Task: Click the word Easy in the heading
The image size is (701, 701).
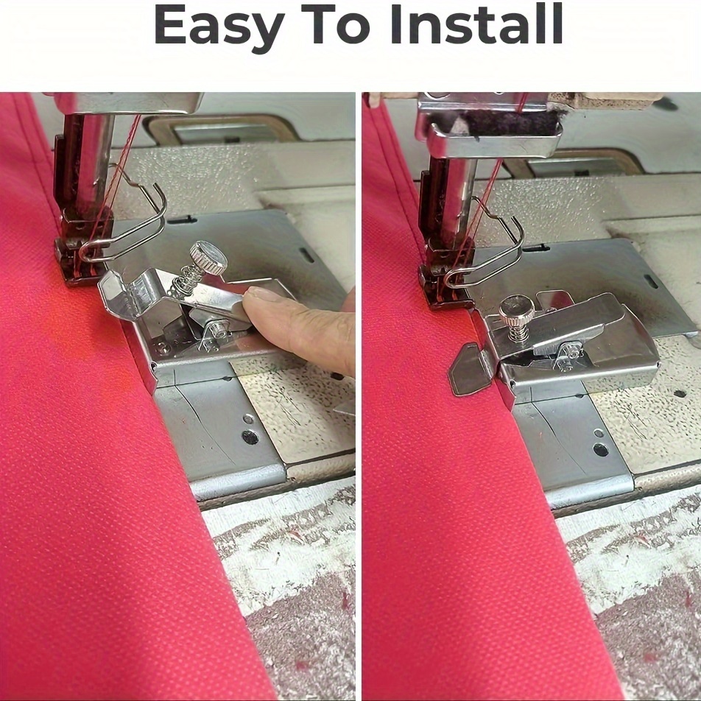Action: (219, 27)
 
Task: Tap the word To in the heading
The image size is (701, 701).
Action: (337, 27)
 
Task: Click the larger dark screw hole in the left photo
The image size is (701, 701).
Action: (250, 437)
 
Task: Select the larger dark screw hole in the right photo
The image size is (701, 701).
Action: (601, 450)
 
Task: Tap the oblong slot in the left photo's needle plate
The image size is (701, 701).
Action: (304, 256)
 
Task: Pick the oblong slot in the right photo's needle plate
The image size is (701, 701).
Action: (651, 281)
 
